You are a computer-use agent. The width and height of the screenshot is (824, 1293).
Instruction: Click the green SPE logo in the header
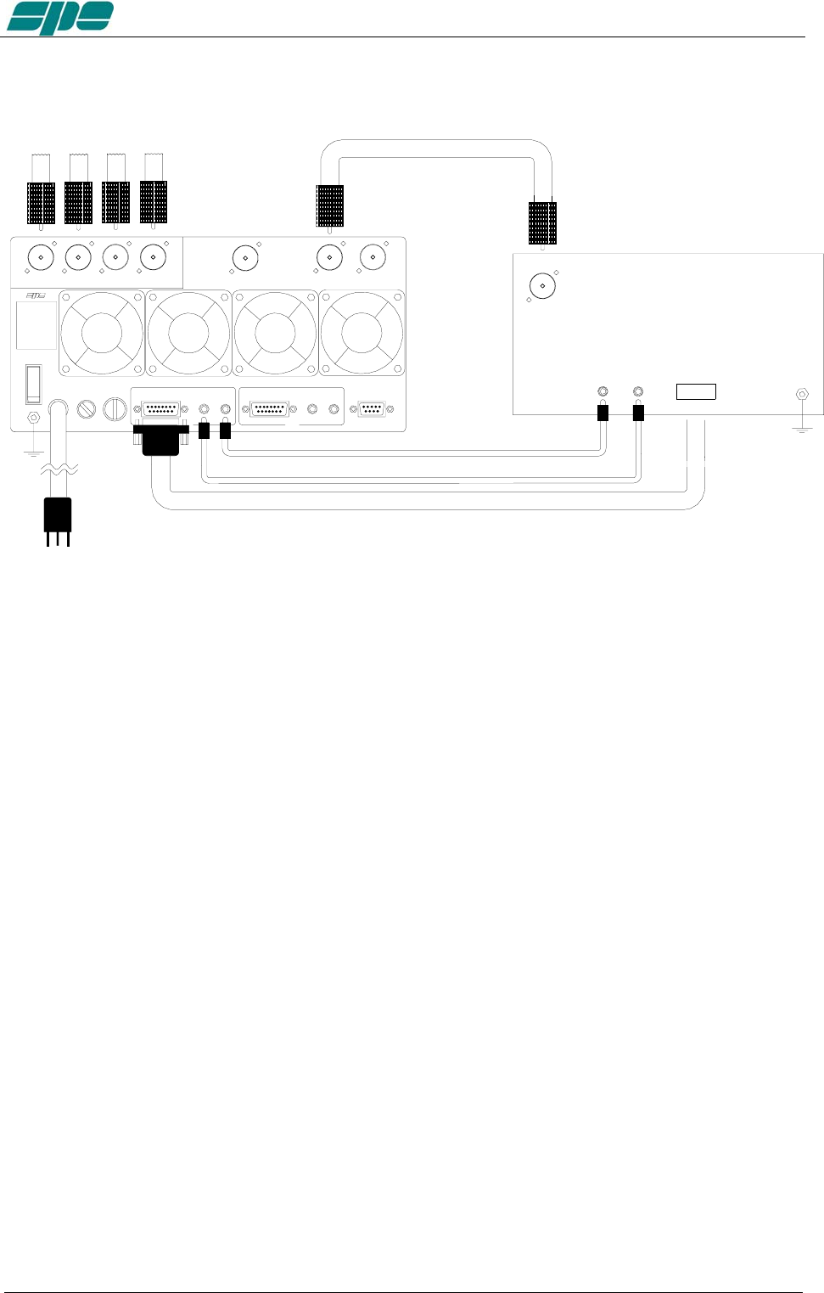tap(60, 18)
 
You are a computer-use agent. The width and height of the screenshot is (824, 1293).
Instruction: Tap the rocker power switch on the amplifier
tap(33, 384)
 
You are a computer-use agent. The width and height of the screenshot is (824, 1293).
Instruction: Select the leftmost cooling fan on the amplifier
tap(102, 333)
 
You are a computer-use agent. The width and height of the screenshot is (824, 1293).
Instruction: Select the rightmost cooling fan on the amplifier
tap(362, 333)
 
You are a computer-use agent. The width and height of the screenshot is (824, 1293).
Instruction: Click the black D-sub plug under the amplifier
tap(161, 438)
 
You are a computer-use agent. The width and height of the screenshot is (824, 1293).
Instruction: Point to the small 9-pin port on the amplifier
tap(372, 409)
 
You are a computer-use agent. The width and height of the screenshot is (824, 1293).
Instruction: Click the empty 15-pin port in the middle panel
tap(269, 409)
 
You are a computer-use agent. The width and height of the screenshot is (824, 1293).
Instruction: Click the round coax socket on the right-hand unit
tap(542, 285)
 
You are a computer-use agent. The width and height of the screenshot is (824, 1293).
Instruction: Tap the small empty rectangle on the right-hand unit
tap(696, 391)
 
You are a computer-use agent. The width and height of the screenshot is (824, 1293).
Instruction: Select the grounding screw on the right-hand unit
tap(801, 395)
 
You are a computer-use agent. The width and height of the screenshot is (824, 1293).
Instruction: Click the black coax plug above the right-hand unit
tap(542, 222)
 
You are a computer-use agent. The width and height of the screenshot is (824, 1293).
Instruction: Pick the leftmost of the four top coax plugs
tap(41, 203)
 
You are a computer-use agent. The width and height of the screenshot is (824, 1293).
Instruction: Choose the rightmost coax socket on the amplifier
tap(373, 257)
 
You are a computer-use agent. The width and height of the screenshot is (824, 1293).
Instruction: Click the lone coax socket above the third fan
tap(245, 257)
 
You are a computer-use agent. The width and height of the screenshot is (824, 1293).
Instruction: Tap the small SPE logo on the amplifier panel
tap(35, 296)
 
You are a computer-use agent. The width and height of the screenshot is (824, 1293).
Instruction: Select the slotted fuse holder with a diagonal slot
tap(87, 409)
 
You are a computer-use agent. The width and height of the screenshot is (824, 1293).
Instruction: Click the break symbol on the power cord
tap(59, 469)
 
